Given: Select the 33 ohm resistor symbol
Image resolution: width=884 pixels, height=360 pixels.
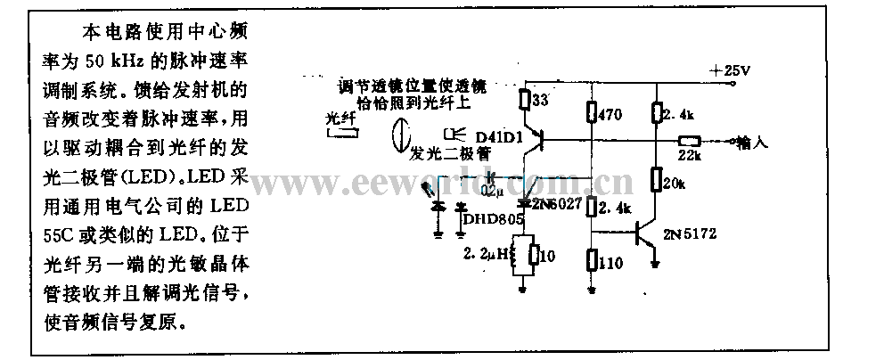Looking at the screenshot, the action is [x=525, y=101].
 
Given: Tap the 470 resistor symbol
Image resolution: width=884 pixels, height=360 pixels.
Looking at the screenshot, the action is [x=591, y=113].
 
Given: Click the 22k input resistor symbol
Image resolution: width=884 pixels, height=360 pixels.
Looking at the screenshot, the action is [x=688, y=141].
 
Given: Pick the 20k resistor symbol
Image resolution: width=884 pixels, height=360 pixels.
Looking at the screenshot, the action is [x=656, y=183].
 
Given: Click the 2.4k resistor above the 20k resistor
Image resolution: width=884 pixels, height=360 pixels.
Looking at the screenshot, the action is [x=656, y=112].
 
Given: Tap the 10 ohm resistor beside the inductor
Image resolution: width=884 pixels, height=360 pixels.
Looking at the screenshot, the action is [x=533, y=257].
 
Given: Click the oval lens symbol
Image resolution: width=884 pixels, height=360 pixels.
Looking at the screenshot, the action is [x=401, y=136].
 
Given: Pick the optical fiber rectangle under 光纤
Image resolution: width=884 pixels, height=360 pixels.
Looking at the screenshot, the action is [x=345, y=134].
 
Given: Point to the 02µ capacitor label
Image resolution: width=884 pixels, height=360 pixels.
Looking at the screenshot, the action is [x=490, y=190].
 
